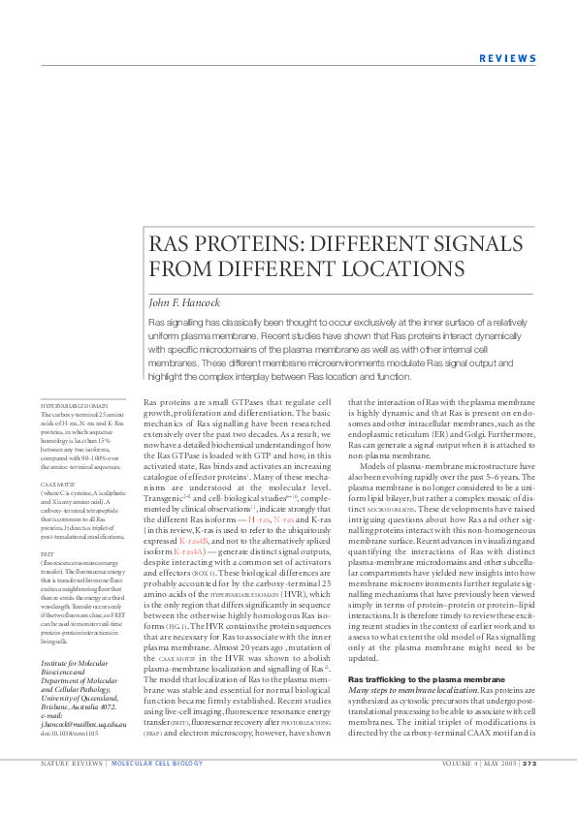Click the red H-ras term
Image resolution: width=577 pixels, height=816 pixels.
tap(259, 519)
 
